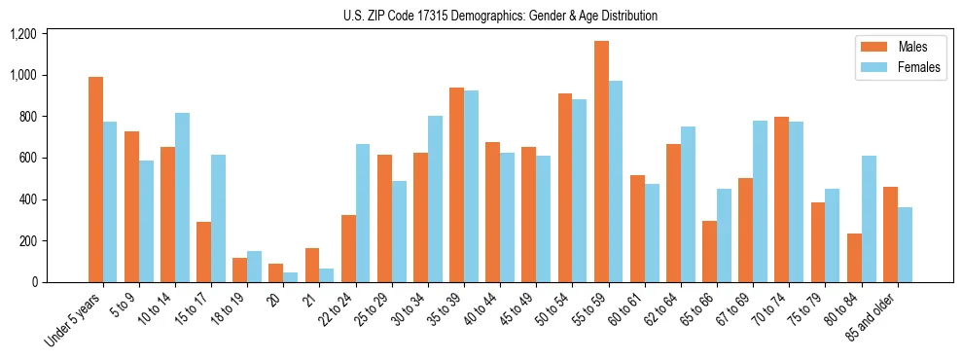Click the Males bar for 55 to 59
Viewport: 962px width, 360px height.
click(x=601, y=162)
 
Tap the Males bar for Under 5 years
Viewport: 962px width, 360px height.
click(x=95, y=180)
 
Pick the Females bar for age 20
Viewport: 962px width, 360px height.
click(x=290, y=277)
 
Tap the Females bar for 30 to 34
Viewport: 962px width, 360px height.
click(x=435, y=199)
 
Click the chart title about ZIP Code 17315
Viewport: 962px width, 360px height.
click(x=500, y=16)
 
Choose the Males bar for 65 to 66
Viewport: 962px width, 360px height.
click(x=710, y=251)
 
